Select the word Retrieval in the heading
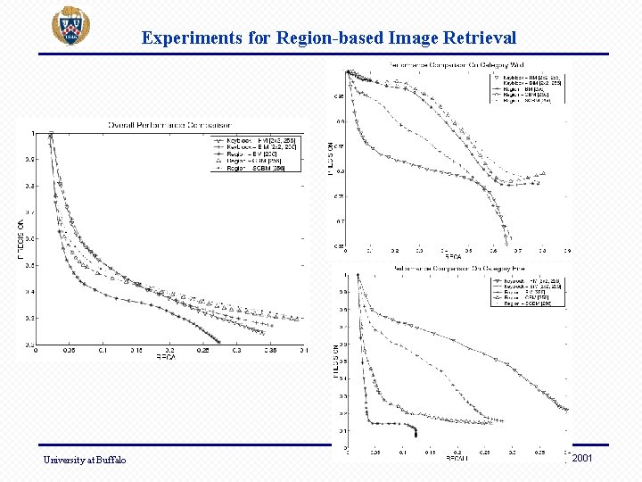(x=480, y=37)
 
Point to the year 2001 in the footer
(x=581, y=458)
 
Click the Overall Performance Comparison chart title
(x=169, y=123)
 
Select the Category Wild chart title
(x=455, y=65)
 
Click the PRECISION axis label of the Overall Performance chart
(x=22, y=238)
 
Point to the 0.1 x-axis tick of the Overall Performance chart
(x=103, y=351)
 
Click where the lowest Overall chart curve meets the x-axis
(x=220, y=343)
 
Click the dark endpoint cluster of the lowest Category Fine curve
(x=415, y=431)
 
